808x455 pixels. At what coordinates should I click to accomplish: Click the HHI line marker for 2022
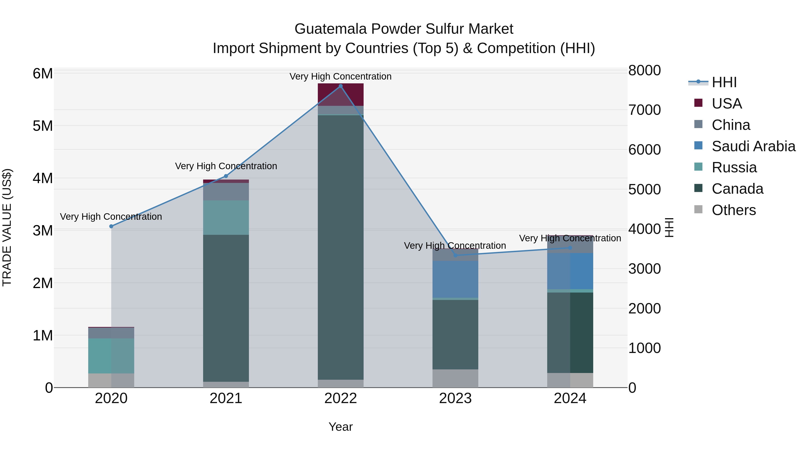click(341, 86)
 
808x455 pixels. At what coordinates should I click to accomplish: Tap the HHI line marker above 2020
click(111, 226)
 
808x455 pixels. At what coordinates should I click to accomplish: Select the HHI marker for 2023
click(455, 255)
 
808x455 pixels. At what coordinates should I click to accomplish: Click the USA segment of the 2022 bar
click(341, 94)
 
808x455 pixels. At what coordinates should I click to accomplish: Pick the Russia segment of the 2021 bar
click(226, 217)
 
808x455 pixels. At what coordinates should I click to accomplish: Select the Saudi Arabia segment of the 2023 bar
click(455, 279)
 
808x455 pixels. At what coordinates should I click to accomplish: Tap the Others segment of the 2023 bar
click(455, 378)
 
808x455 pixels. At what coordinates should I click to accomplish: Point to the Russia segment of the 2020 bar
click(111, 355)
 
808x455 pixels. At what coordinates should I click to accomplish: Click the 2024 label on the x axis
click(570, 398)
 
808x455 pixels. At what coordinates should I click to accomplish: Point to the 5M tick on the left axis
click(43, 126)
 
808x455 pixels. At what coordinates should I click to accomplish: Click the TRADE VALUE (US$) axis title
click(7, 227)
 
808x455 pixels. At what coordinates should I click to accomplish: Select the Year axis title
click(341, 427)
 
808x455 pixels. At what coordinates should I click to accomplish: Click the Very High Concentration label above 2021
click(226, 166)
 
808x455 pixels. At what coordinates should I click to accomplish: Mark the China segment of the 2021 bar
click(226, 191)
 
